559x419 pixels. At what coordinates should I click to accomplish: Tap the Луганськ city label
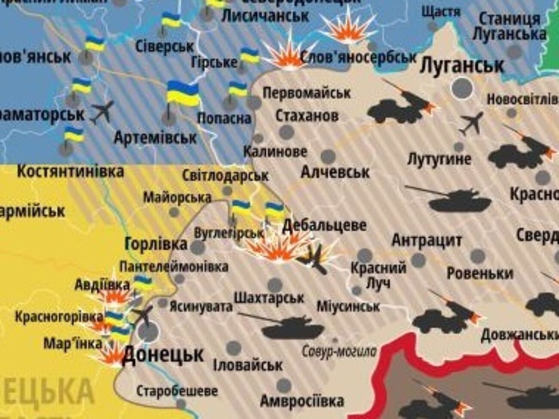click(462, 65)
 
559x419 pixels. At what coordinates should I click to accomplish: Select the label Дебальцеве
click(325, 225)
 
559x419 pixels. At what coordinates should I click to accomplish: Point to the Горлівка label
click(156, 244)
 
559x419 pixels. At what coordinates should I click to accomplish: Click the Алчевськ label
click(335, 172)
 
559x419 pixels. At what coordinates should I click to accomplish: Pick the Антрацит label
click(427, 240)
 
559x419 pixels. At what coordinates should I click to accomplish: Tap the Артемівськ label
click(155, 138)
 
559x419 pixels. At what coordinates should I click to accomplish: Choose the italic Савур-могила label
click(339, 352)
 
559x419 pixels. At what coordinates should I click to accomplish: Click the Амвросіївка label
click(302, 401)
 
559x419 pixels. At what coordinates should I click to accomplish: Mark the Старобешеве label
click(177, 391)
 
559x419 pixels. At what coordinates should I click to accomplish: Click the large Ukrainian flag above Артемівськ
click(183, 94)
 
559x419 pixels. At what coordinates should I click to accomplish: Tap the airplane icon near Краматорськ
click(102, 111)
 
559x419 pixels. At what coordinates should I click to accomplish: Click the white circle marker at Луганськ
click(462, 88)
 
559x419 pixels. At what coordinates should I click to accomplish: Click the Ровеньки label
click(479, 273)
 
